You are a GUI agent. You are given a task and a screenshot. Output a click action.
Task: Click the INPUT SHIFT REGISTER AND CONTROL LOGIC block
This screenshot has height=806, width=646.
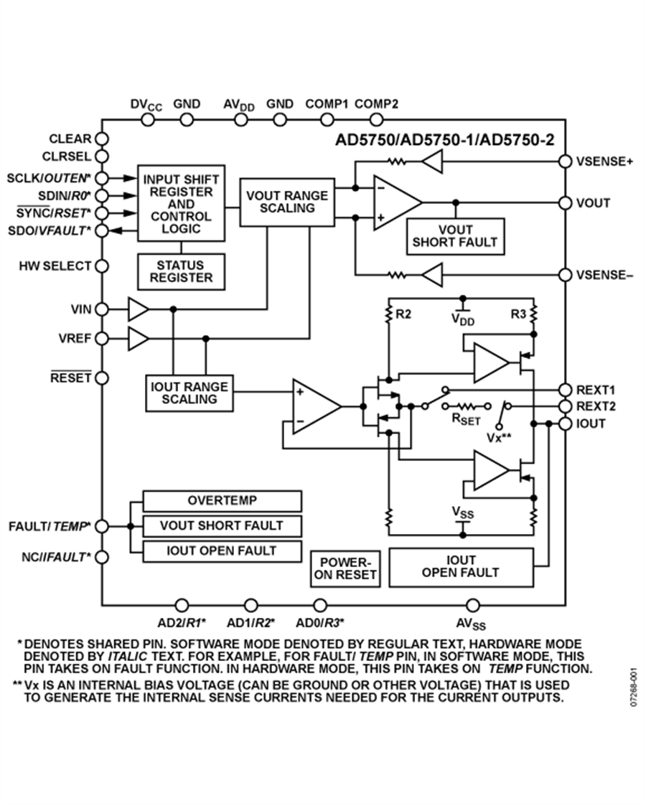pos(181,204)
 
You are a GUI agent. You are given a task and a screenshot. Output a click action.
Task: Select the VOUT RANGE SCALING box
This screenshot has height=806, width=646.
pos(286,202)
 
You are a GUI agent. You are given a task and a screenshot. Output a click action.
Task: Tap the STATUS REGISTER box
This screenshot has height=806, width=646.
pos(181,271)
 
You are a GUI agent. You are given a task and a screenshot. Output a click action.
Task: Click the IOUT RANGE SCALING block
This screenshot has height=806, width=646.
pos(189,393)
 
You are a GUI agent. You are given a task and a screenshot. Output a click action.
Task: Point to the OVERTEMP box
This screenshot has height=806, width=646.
pos(222,500)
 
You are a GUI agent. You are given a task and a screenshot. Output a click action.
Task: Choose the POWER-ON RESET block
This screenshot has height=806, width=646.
pos(346,569)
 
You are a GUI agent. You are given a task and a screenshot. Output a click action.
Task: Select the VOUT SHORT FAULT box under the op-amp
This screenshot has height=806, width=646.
pos(454,236)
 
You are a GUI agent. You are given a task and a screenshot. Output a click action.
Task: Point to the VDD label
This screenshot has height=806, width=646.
pos(463,319)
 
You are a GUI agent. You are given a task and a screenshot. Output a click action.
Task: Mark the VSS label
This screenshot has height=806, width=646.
pos(463,512)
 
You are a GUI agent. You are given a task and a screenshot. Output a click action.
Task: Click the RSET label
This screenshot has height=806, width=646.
pos(465,419)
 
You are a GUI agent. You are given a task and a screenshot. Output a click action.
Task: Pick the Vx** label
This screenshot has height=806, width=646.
pos(500,436)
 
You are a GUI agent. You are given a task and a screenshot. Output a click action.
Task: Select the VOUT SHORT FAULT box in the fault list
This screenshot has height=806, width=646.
pos(222,525)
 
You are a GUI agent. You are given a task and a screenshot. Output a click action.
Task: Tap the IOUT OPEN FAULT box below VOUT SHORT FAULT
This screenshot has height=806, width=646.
pos(222,550)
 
